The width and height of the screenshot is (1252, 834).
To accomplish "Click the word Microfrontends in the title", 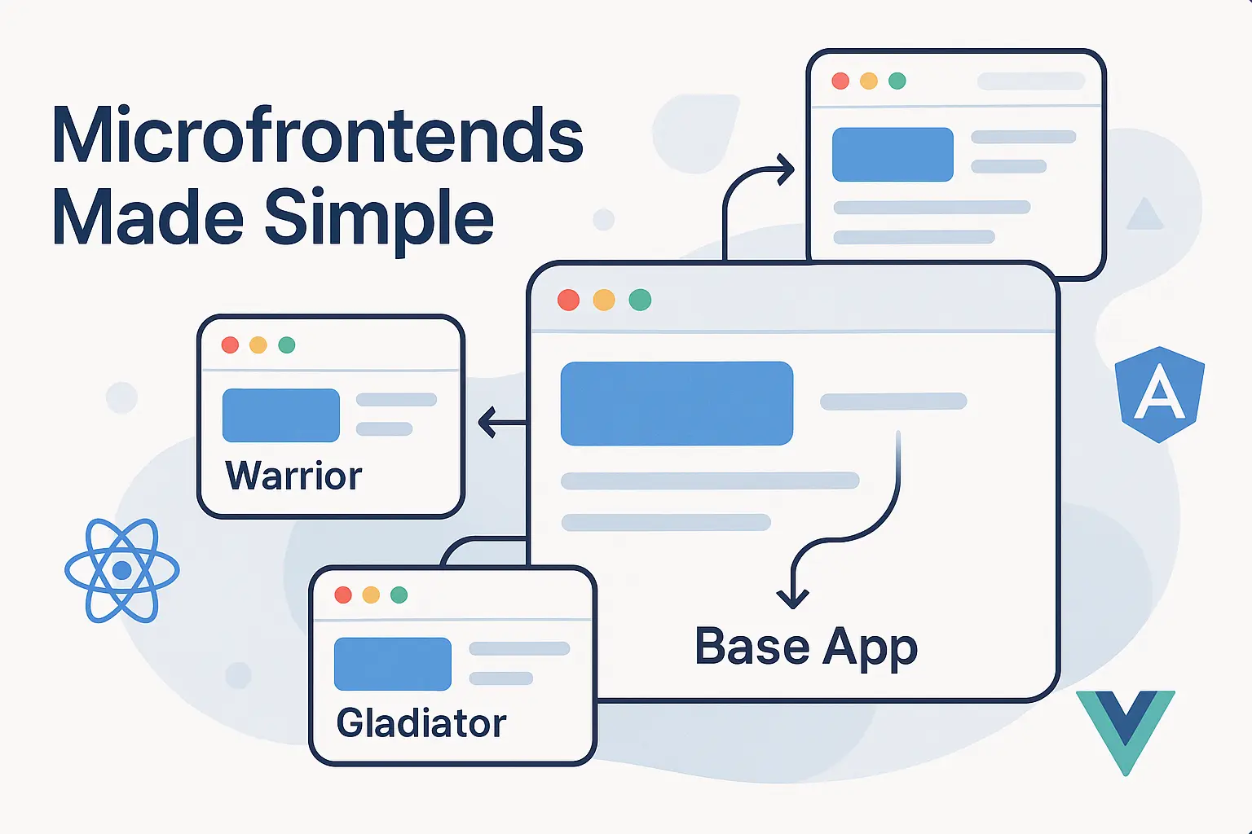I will click(x=318, y=135).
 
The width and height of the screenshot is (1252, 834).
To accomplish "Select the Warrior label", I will click(x=293, y=476).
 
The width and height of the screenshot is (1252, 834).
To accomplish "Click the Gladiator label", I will click(x=421, y=723).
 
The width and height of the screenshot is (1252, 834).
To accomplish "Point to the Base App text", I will click(x=806, y=647).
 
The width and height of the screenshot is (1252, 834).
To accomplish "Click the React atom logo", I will click(x=122, y=570).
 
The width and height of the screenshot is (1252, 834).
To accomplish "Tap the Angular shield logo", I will click(x=1159, y=394).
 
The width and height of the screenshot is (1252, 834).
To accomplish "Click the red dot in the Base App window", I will click(x=568, y=300).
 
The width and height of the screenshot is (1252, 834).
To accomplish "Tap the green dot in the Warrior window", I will click(x=286, y=345).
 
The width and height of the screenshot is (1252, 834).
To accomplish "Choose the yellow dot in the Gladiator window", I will click(x=371, y=595).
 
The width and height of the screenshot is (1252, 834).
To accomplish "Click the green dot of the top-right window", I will click(x=897, y=81).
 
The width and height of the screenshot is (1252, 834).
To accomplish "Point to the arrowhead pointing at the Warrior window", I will click(x=487, y=423).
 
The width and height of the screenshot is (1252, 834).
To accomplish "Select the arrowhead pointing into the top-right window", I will click(x=787, y=170).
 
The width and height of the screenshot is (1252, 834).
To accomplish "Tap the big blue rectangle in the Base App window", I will click(x=677, y=403).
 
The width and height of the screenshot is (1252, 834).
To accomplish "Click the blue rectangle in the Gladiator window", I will click(x=393, y=664).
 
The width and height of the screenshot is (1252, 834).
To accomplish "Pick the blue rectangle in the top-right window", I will click(x=893, y=154).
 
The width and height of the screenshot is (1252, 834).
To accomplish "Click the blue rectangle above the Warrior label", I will click(x=281, y=415).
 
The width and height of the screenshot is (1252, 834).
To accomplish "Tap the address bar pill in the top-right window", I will click(x=1031, y=81).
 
